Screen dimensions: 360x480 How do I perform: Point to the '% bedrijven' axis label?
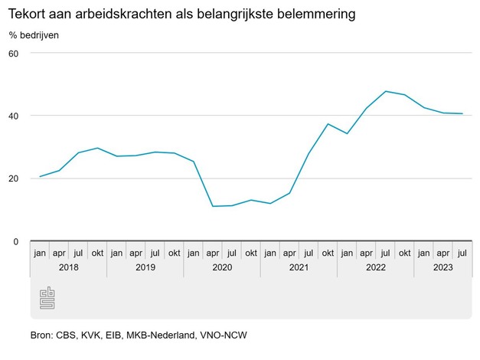coord(34,34)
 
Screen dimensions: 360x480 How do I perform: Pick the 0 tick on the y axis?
coord(15,241)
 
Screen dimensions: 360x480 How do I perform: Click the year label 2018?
coord(69,267)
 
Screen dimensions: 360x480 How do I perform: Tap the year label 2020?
coord(222,267)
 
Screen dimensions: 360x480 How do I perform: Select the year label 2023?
coord(442,267)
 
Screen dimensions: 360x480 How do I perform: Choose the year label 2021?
coord(299,267)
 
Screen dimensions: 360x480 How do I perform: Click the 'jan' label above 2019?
coord(116,252)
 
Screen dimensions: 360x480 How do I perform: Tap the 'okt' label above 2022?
coord(404,252)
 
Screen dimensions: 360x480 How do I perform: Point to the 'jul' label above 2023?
coord(462,252)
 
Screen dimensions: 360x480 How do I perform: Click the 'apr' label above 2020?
coord(212,252)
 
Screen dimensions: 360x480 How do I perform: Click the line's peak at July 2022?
coord(385,91)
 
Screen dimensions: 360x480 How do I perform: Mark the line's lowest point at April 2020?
coord(213,206)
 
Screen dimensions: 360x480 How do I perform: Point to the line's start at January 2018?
coord(40,177)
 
